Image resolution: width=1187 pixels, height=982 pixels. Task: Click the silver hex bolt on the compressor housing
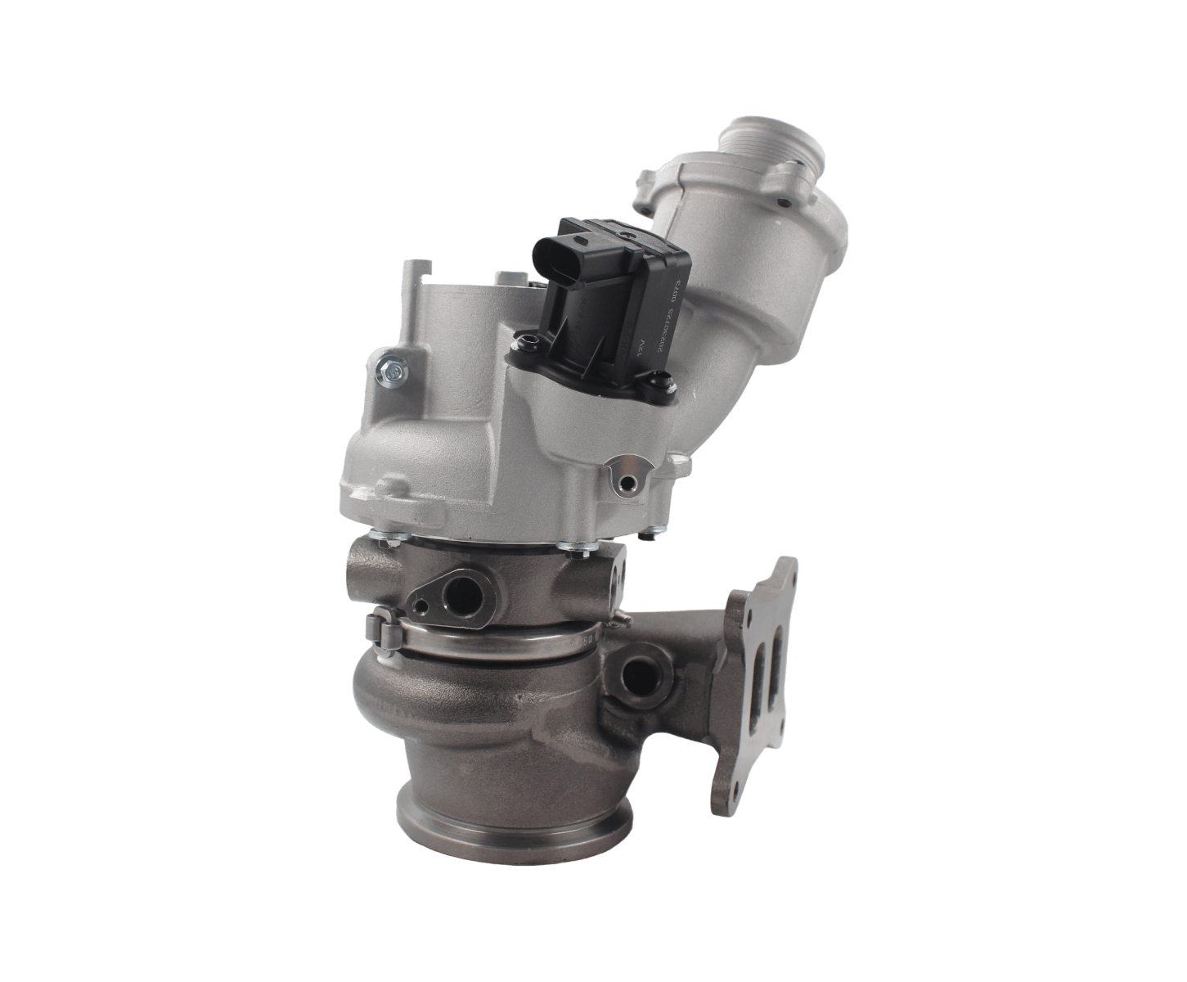click(x=392, y=372)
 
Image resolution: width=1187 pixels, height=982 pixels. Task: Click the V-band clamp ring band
click(x=491, y=643)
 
